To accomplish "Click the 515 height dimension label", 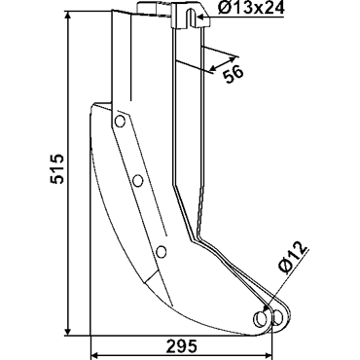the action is click(x=57, y=168).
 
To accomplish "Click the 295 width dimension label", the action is click(x=182, y=346).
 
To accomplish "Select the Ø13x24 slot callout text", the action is click(x=251, y=9).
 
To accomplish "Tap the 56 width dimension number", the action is click(x=234, y=74).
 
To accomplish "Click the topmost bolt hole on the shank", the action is click(x=120, y=121).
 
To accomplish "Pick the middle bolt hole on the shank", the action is click(x=138, y=180).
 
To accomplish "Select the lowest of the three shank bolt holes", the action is click(x=161, y=252).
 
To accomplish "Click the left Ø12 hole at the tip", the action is click(x=260, y=318).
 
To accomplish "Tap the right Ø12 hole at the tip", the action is click(x=277, y=318).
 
